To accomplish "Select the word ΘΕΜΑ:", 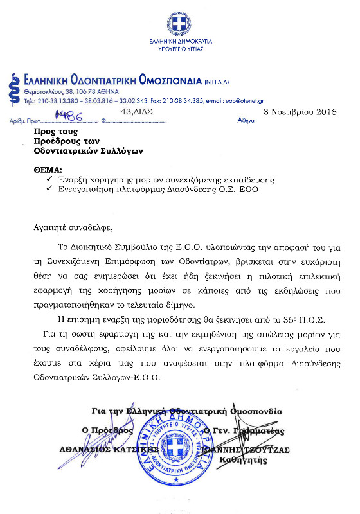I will coord(48,170).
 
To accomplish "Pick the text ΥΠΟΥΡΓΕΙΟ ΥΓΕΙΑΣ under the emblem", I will coord(179,48).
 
